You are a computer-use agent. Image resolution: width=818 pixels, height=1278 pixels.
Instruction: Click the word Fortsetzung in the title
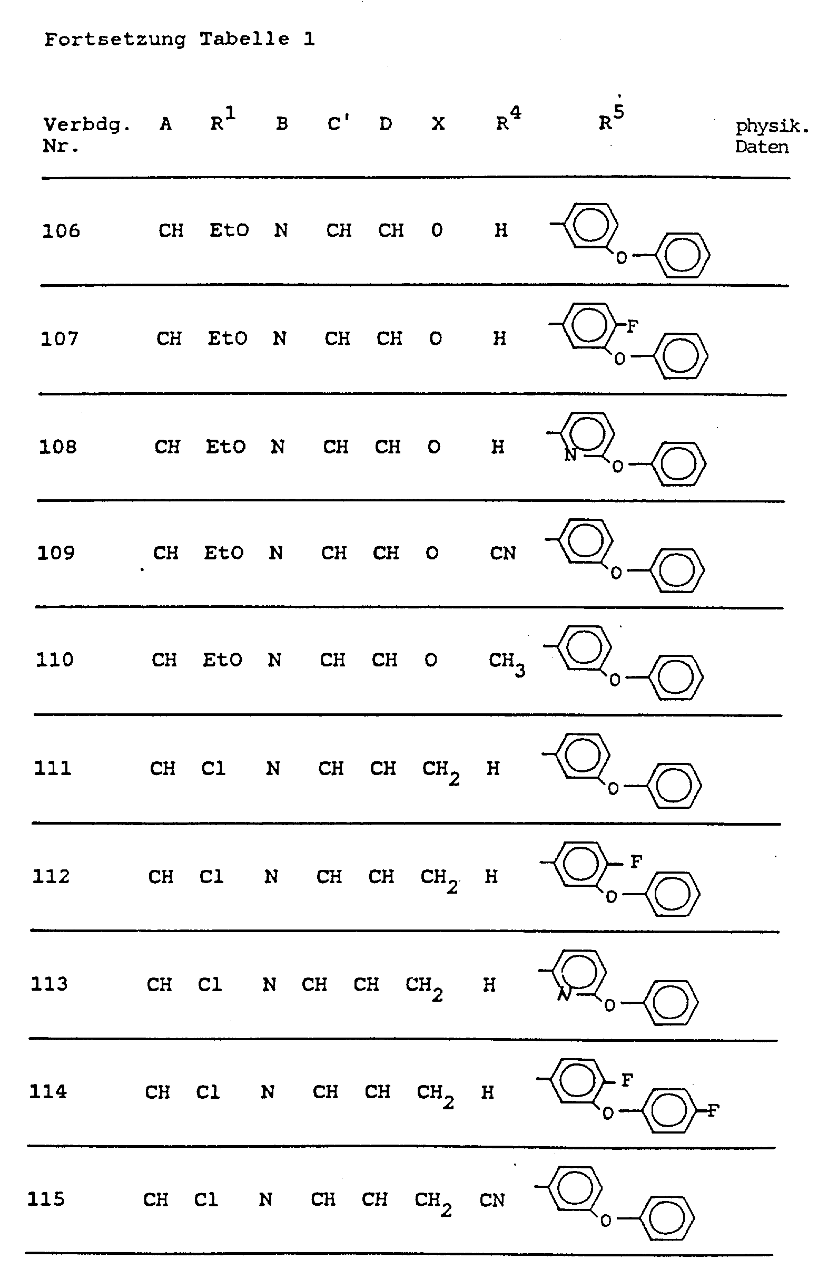tap(115, 40)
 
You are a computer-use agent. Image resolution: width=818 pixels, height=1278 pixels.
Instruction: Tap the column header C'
tap(338, 124)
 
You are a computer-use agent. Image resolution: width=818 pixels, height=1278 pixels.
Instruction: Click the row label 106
tap(61, 231)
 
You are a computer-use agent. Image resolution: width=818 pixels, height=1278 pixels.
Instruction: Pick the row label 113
tap(49, 984)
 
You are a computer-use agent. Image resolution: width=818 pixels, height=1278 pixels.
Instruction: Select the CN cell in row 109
tap(502, 554)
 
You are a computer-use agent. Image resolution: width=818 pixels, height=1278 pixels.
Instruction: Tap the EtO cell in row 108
tap(226, 447)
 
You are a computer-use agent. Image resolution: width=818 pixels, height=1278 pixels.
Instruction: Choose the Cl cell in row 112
tap(211, 877)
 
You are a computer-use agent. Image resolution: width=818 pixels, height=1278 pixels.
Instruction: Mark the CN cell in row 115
tap(492, 1200)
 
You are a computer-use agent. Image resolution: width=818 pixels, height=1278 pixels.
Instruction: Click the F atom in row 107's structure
tap(632, 326)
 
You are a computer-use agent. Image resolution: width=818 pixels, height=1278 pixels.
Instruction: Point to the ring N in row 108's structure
tap(570, 454)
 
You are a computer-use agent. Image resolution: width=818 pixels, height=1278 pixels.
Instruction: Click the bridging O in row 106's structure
tap(622, 258)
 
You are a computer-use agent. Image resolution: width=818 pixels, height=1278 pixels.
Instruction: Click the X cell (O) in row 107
tap(436, 338)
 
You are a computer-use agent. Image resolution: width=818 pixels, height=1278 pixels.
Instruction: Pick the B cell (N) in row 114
tap(268, 1092)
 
